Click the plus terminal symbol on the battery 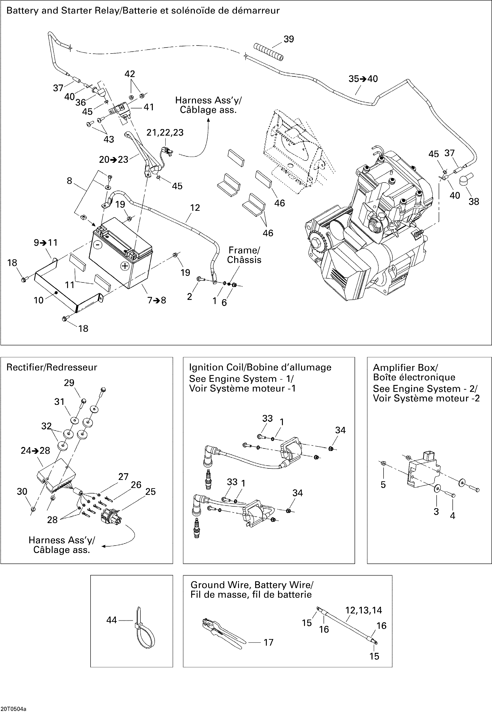coord(125,266)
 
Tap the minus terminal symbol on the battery coord(97,245)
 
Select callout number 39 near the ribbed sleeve coord(289,39)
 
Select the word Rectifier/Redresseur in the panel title coord(52,367)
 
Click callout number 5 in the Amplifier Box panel coord(383,485)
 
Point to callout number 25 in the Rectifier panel coord(151,492)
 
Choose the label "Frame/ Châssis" coord(244,255)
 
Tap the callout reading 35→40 coord(363,79)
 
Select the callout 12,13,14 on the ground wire coord(364,610)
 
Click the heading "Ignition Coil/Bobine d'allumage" coord(260,367)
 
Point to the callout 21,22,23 coord(165,132)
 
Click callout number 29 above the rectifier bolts coord(69,383)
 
